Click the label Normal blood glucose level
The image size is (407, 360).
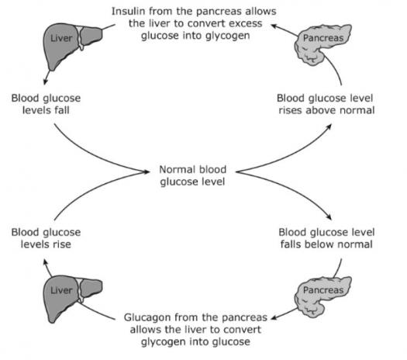tap(192, 175)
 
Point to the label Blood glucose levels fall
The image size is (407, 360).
tap(46, 104)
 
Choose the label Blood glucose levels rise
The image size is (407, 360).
tap(46, 238)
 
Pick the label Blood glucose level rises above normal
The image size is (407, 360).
tap(326, 104)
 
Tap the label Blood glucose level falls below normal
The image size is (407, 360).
tap(326, 238)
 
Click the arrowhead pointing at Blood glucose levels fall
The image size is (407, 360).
tap(46, 81)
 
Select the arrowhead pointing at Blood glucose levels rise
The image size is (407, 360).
tap(46, 261)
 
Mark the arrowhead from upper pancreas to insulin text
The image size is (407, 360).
tap(274, 26)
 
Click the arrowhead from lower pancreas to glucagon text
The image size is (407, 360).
tap(274, 318)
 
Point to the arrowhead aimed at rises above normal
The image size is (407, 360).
tap(329, 126)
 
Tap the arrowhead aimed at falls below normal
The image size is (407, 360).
tap(329, 217)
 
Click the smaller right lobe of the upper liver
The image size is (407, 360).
tap(91, 36)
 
